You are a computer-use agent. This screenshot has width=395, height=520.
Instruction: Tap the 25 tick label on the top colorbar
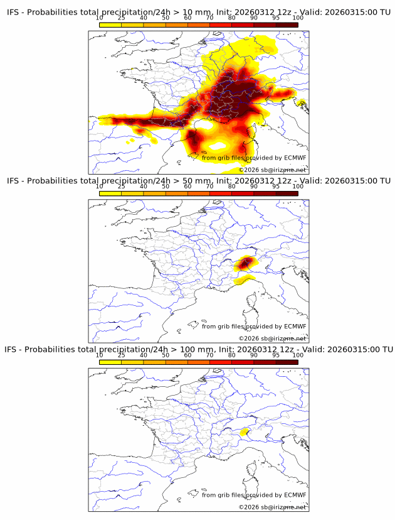(121, 18)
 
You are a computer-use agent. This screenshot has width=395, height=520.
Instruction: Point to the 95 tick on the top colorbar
(276, 18)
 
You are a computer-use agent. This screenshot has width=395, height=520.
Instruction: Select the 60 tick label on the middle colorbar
(187, 187)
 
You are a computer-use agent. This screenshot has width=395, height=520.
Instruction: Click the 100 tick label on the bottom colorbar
(298, 355)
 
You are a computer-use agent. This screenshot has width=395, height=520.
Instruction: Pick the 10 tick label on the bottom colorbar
(100, 355)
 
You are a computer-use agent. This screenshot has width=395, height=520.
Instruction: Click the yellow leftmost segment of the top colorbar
(110, 24)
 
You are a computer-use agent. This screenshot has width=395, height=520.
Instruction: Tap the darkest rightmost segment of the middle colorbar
(287, 193)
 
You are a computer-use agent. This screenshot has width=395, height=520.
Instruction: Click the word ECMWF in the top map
(295, 158)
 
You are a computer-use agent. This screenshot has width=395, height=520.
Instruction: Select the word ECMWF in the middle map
(295, 326)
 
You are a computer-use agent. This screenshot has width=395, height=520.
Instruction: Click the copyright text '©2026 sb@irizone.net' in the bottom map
(272, 507)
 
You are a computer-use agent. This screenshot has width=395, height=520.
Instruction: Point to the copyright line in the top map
(272, 170)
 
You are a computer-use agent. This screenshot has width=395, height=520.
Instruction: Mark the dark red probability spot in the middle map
(246, 262)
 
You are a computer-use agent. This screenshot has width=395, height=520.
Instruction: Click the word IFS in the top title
(13, 12)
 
